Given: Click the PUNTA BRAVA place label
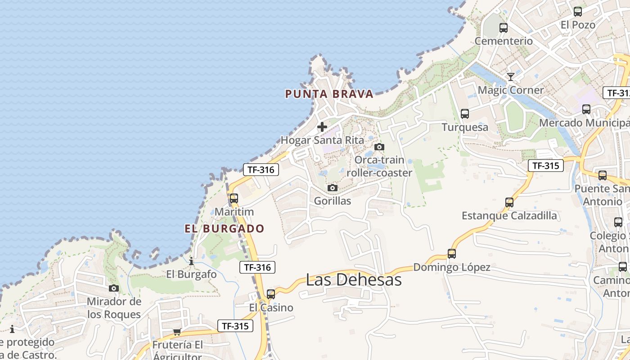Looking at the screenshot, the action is pyautogui.click(x=329, y=94).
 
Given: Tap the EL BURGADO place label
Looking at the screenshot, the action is pyautogui.click(x=225, y=229).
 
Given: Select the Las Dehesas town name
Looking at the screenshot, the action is pyautogui.click(x=354, y=280).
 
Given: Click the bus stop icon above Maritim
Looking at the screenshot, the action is pyautogui.click(x=234, y=198).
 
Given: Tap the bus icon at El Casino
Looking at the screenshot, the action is pyautogui.click(x=271, y=294).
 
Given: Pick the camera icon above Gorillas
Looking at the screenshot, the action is pyautogui.click(x=333, y=188).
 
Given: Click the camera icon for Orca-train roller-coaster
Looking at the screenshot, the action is pyautogui.click(x=379, y=147).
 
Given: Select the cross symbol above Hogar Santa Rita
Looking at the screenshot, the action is pyautogui.click(x=322, y=127).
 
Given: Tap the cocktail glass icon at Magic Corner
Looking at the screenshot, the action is pyautogui.click(x=511, y=77).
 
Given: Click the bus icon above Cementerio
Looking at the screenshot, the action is pyautogui.click(x=504, y=28).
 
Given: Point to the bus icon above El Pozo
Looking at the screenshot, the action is pyautogui.click(x=578, y=12).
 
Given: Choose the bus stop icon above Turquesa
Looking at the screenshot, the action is pyautogui.click(x=465, y=114).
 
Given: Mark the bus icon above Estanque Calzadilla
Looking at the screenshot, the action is pyautogui.click(x=509, y=202).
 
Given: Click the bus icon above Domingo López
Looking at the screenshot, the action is pyautogui.click(x=452, y=254).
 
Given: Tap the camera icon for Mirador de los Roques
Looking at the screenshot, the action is pyautogui.click(x=114, y=288).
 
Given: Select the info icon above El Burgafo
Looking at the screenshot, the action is pyautogui.click(x=191, y=261).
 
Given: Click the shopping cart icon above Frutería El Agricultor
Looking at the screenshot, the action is pyautogui.click(x=177, y=332).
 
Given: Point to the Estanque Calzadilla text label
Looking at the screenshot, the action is pyautogui.click(x=509, y=216).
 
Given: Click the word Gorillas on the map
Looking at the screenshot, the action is pyautogui.click(x=333, y=201).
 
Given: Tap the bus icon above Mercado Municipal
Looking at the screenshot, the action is pyautogui.click(x=586, y=109).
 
